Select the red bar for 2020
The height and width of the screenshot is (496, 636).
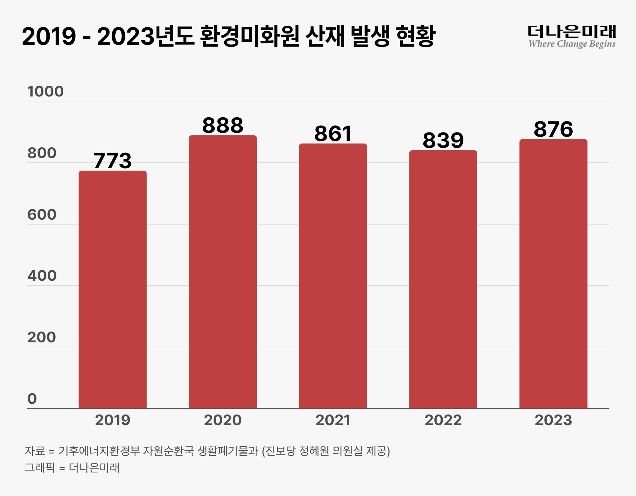point(223,272)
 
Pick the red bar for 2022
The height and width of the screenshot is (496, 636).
point(443,279)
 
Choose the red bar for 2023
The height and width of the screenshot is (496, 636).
point(553,274)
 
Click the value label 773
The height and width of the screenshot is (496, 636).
point(112,161)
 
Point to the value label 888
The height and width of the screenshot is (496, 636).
point(223,125)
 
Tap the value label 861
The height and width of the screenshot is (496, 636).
point(333,134)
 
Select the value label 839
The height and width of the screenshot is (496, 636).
point(443,140)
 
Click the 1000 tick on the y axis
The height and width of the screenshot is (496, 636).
point(45,91)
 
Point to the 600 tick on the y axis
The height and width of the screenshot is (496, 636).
point(42,215)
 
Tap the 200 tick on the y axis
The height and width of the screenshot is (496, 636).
point(42,337)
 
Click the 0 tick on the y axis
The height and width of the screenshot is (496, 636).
point(32,399)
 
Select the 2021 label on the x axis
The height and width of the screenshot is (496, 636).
point(333,420)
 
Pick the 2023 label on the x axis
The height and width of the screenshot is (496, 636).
point(553,420)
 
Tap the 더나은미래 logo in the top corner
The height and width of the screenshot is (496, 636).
point(572,32)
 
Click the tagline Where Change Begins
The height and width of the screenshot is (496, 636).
point(572,44)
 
